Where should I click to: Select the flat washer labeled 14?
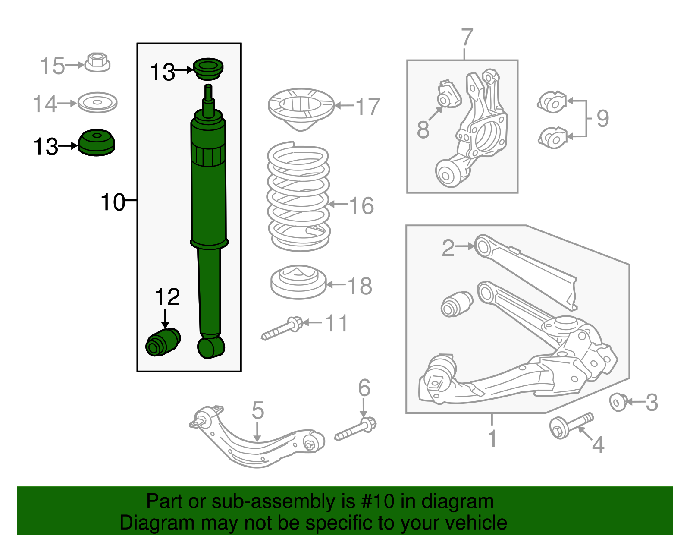click(97, 103)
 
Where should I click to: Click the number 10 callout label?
click(113, 202)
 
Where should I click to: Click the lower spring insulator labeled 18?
click(298, 282)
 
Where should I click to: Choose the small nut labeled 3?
click(618, 402)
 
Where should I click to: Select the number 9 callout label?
click(602, 118)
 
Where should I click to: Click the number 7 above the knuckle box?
click(467, 38)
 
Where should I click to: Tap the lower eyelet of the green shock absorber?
click(211, 347)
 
